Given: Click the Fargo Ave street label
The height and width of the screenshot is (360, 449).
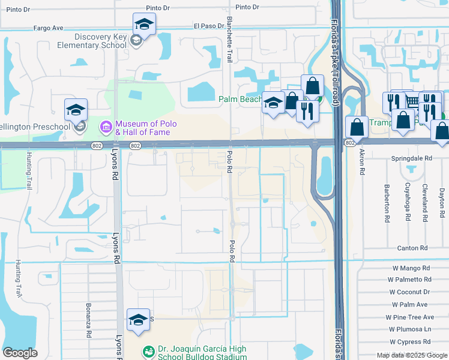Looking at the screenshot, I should [x=49, y=28].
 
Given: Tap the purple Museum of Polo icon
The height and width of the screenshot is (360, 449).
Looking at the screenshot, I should [x=106, y=127].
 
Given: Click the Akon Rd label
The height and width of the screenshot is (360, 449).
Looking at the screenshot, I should [x=362, y=163].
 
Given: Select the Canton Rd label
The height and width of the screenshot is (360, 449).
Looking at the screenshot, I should [x=412, y=248].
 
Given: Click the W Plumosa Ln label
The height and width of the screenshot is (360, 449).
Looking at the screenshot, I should [x=410, y=329].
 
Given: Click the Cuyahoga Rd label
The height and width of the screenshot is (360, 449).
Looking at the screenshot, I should [x=408, y=203].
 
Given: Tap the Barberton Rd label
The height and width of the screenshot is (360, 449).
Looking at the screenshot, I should [x=388, y=203].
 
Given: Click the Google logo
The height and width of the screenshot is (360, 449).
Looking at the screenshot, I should [x=20, y=353].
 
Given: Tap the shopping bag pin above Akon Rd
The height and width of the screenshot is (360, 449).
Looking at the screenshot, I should [x=357, y=128].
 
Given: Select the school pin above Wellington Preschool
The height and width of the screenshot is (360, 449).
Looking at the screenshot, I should [x=76, y=109].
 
